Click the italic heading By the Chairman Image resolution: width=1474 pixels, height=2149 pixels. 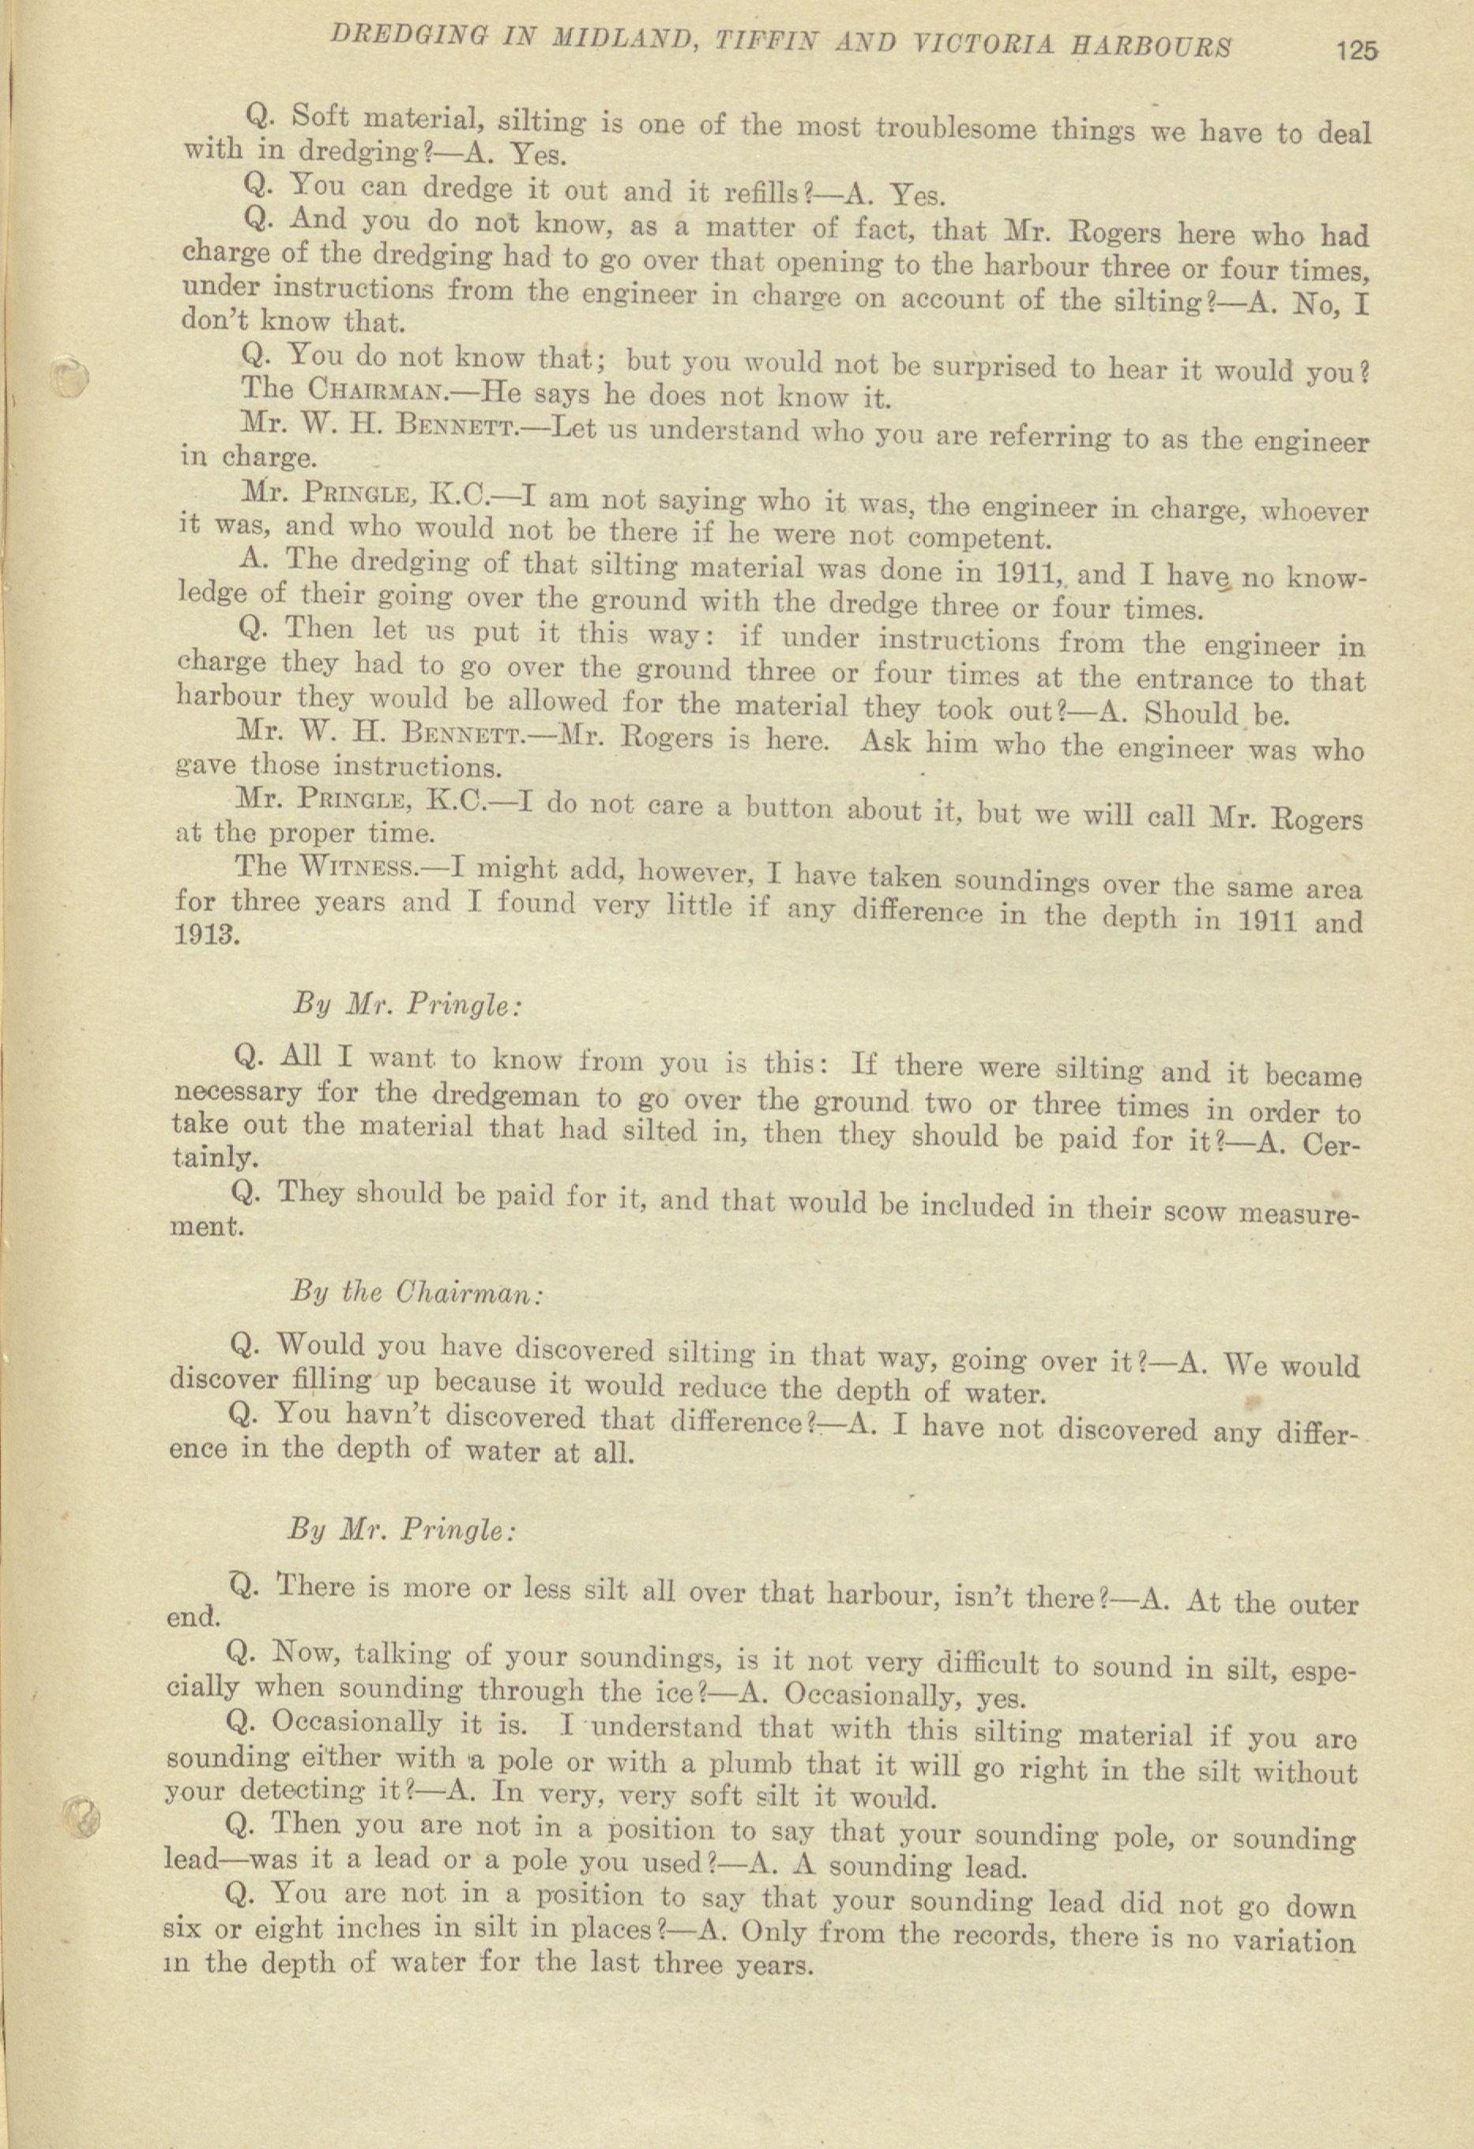coord(416,1292)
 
